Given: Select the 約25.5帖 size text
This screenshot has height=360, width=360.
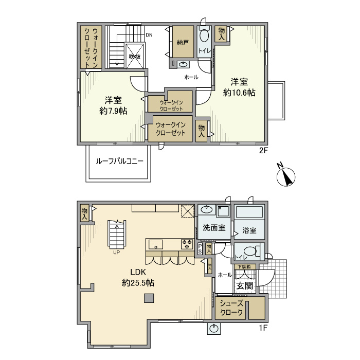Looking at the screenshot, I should click(x=138, y=283).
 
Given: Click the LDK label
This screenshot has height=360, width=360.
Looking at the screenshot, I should click(x=138, y=272).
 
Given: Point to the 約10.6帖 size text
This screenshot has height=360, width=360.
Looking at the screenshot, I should click(x=239, y=93).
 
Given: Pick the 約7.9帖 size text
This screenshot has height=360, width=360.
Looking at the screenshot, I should click(x=113, y=111).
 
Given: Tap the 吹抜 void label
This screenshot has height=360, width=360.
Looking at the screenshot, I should click(x=135, y=57).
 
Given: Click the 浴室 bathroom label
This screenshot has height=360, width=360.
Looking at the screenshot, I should click(x=249, y=230).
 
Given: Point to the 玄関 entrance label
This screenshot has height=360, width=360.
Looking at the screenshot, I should click(x=244, y=286).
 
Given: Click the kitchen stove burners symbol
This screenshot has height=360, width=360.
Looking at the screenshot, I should click(x=186, y=243).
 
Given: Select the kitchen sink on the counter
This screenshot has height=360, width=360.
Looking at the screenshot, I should click(x=156, y=243).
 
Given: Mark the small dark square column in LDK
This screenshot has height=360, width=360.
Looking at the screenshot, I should click(x=148, y=297).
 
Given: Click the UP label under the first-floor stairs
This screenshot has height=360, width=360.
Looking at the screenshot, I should click(x=117, y=253).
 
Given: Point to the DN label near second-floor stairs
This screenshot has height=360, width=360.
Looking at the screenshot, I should click(x=149, y=35).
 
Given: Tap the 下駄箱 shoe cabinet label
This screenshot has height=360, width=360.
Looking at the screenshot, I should click(x=244, y=266).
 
